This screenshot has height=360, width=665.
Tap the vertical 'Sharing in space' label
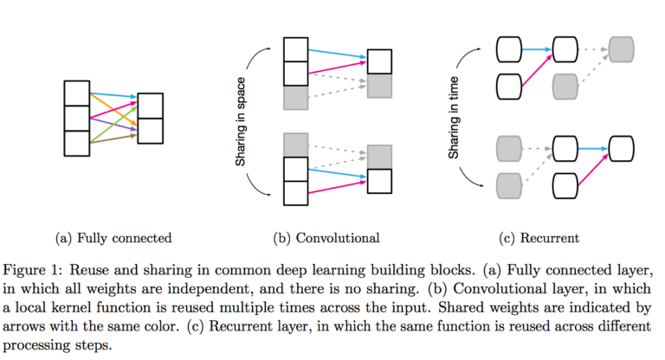[241, 121]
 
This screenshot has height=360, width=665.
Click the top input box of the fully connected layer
[76, 93]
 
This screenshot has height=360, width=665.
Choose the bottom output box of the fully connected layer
[149, 131]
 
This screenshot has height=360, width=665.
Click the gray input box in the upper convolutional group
[295, 98]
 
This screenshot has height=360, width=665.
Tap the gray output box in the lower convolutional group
[379, 157]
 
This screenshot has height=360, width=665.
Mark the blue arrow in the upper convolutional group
[338, 55]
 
